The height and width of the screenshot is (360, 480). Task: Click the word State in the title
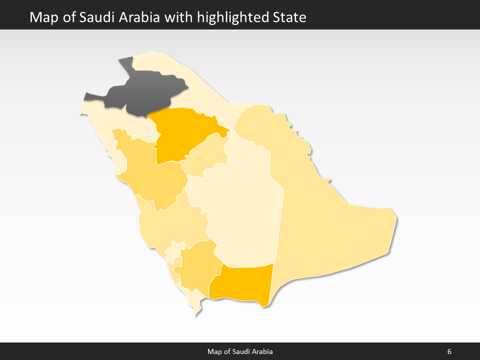coord(289,18)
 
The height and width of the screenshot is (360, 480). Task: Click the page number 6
coord(449,351)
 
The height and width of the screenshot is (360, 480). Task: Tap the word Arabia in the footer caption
coord(261,351)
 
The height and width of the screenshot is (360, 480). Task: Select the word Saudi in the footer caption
coord(239,351)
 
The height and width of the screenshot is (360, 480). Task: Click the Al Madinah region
coord(150,175)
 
